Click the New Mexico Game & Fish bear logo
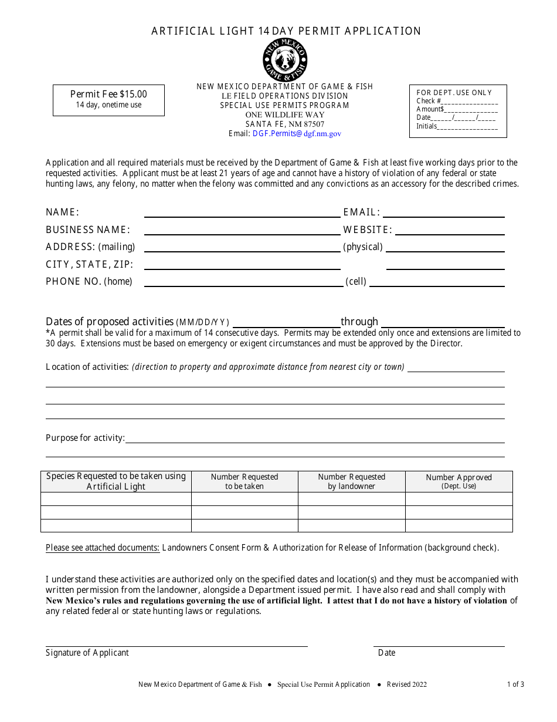coord(284,60)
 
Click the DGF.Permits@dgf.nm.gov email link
coord(297,134)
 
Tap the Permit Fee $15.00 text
coord(108,94)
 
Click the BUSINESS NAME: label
coord(88,230)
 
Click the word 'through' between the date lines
coord(359,322)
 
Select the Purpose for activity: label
coord(85,438)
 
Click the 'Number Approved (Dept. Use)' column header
coord(458,481)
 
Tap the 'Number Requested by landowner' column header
coord(351,481)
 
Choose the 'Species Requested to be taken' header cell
coord(116,481)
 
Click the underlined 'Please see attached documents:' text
coord(103,548)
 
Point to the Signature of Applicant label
coord(87,653)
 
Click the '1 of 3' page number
coord(515,684)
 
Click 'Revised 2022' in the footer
coord(406,684)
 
